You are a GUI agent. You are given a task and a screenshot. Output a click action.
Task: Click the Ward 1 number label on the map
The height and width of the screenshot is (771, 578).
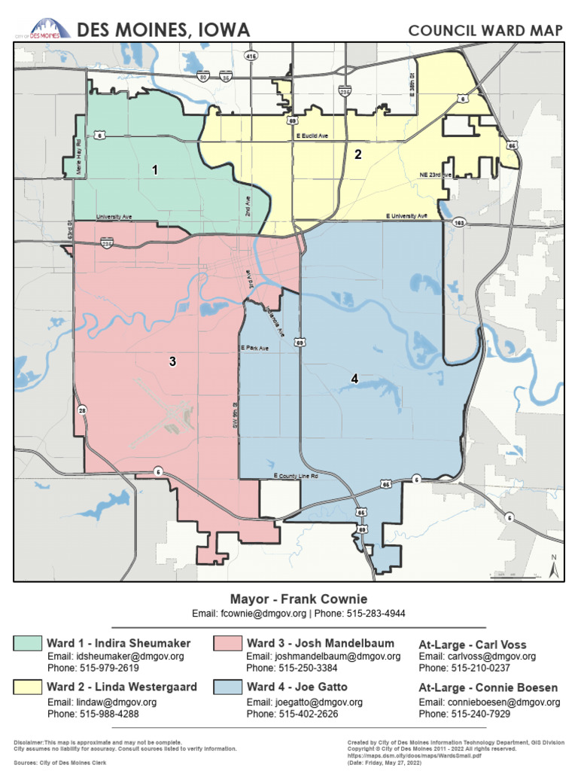point(155,170)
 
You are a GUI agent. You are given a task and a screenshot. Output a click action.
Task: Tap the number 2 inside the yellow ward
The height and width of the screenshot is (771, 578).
point(358,155)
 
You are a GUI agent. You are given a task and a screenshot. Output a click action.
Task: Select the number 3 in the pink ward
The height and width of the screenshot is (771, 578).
point(172,361)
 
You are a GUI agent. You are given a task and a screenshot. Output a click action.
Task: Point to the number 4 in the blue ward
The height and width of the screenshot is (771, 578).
point(354,378)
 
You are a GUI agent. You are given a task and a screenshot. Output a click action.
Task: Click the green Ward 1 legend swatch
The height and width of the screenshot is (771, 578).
point(27,643)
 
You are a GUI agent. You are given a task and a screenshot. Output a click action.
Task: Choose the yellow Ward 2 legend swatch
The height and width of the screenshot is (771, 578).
point(27,687)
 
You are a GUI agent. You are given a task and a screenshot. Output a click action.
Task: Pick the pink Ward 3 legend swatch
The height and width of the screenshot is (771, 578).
point(227,643)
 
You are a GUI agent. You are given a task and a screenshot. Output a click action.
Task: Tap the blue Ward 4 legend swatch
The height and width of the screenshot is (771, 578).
point(227,687)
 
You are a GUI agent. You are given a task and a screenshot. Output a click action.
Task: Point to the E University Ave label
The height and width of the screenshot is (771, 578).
point(412,216)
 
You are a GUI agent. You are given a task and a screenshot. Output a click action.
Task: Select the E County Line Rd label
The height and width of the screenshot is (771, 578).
point(296,477)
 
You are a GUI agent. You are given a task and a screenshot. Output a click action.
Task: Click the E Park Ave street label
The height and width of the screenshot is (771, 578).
point(254,349)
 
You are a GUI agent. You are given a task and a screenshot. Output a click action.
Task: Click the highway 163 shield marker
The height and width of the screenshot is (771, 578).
point(458,224)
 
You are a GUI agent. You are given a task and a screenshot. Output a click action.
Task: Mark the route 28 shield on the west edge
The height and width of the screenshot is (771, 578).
point(82,410)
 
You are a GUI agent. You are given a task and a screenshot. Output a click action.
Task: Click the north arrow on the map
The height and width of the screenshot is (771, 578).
point(552,567)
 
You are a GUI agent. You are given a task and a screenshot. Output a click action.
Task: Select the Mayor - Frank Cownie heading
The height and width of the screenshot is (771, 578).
point(299,599)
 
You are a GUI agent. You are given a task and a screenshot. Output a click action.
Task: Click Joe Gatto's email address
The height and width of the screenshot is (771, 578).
point(304,702)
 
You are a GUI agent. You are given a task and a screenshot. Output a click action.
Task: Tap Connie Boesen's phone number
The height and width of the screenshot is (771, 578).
point(464,714)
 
